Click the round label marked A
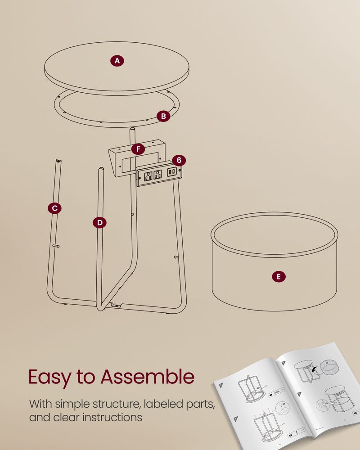[117, 61]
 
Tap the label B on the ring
[164, 116]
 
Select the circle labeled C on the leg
[54, 208]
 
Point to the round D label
[99, 222]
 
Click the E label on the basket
[279, 277]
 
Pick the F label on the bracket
[138, 148]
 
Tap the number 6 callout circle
[179, 160]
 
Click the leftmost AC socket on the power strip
[148, 175]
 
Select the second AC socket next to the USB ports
[157, 174]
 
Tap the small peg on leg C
[56, 246]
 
